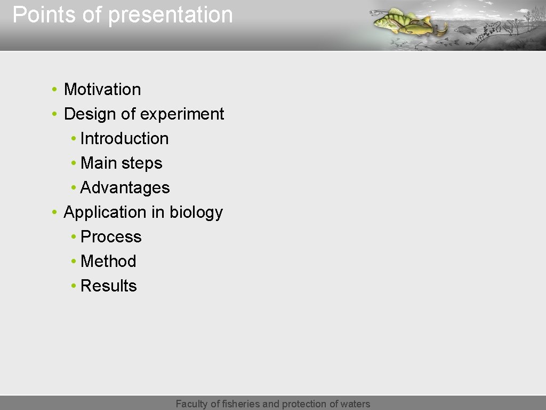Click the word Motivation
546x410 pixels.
[102, 89]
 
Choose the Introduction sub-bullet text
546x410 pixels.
[124, 138]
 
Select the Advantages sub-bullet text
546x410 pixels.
[125, 188]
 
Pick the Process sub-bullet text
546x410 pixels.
[111, 236]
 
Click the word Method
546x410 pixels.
[108, 261]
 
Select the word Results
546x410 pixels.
[108, 286]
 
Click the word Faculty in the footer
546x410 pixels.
[192, 404]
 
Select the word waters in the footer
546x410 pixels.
[354, 404]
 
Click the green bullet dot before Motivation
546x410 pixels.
[55, 90]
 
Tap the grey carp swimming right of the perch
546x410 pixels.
[466, 29]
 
